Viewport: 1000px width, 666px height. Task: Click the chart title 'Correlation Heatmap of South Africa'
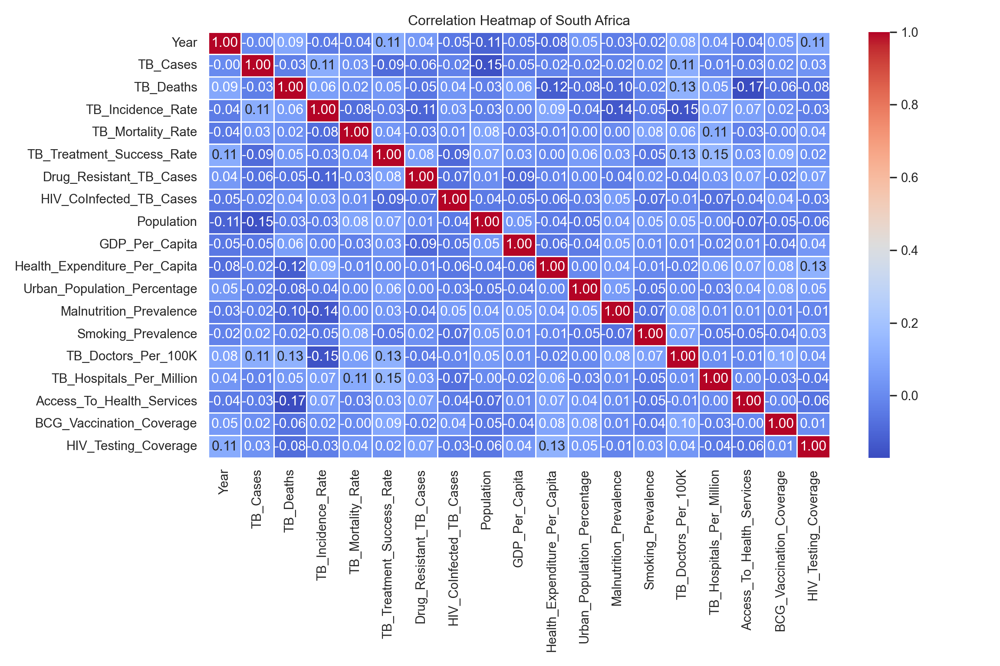pos(519,20)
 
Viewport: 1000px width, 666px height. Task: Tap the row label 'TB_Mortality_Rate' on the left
pos(144,132)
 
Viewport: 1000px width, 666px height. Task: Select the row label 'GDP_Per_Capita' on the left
pos(148,244)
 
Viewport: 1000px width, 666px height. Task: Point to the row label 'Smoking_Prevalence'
pos(137,334)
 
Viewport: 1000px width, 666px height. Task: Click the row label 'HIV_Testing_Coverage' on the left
pos(132,446)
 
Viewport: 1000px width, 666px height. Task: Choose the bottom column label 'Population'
pos(486,500)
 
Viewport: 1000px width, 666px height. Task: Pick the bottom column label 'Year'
pos(224,482)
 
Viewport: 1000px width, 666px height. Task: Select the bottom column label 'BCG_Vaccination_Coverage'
pos(780,551)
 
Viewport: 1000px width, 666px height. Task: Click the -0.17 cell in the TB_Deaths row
pos(748,87)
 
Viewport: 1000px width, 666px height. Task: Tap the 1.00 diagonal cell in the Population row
pos(486,222)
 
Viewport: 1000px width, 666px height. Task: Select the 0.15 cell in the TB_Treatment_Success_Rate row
pos(715,154)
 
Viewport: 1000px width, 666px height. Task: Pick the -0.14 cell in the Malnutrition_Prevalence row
pos(322,311)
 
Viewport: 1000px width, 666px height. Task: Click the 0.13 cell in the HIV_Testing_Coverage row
pos(552,446)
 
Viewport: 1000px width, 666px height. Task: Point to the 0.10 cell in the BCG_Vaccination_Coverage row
pos(682,423)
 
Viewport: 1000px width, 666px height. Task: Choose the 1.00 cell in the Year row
pos(225,42)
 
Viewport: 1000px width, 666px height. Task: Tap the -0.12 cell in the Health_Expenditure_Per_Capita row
pos(290,266)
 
